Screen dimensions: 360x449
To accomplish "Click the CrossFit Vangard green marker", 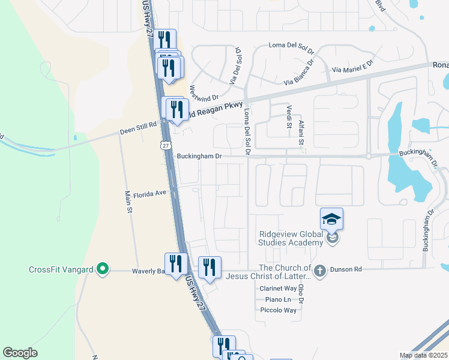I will point(103,269).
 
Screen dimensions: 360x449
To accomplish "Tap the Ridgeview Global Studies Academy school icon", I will point(332,220).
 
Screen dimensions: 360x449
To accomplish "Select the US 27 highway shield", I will point(166,145).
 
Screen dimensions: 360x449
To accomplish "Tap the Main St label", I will point(128,202).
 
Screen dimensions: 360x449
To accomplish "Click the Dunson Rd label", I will point(345,269).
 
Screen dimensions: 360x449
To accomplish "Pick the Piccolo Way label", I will point(278,310).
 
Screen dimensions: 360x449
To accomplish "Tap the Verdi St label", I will point(289,112).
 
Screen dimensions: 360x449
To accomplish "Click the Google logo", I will point(20,353).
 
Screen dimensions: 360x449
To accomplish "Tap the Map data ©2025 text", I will point(423,355).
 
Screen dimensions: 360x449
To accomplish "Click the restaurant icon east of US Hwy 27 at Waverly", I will point(209,267).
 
